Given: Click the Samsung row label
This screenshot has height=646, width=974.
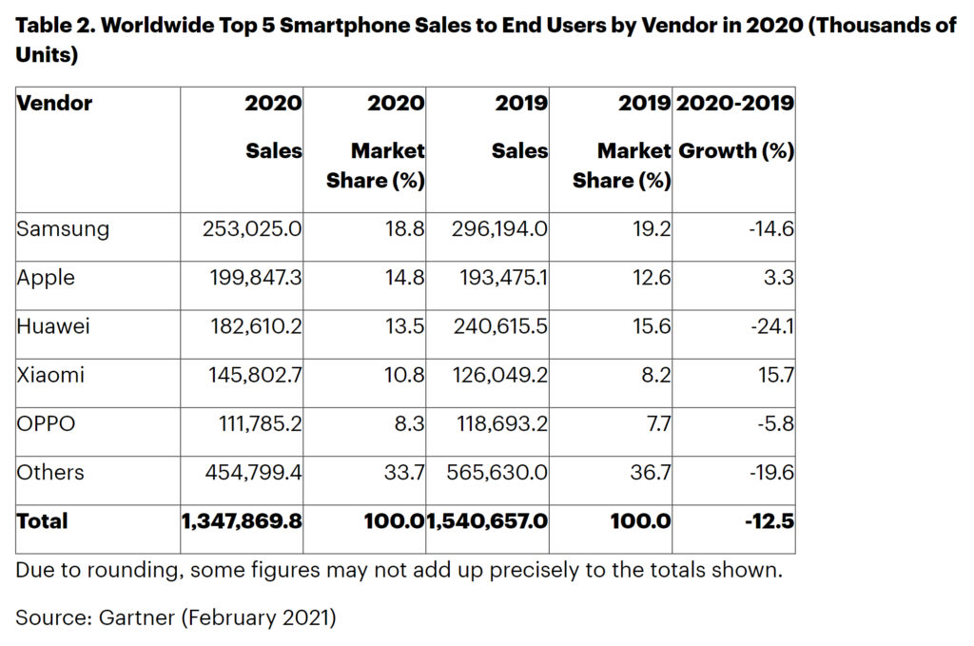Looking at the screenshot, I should [63, 229].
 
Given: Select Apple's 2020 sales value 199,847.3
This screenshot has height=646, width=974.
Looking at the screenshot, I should [251, 278].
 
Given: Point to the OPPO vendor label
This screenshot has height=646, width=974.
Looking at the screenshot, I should [46, 423].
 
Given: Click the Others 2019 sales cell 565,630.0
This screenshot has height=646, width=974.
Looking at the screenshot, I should [496, 473].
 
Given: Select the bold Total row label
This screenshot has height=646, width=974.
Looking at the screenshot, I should [42, 521].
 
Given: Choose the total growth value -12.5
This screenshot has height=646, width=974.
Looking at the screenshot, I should [769, 521].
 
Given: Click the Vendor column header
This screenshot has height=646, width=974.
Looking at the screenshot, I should [54, 103].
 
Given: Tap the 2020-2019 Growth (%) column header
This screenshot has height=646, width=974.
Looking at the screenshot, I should [734, 126].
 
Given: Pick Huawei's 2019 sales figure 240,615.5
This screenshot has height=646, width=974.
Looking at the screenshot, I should [496, 326].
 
